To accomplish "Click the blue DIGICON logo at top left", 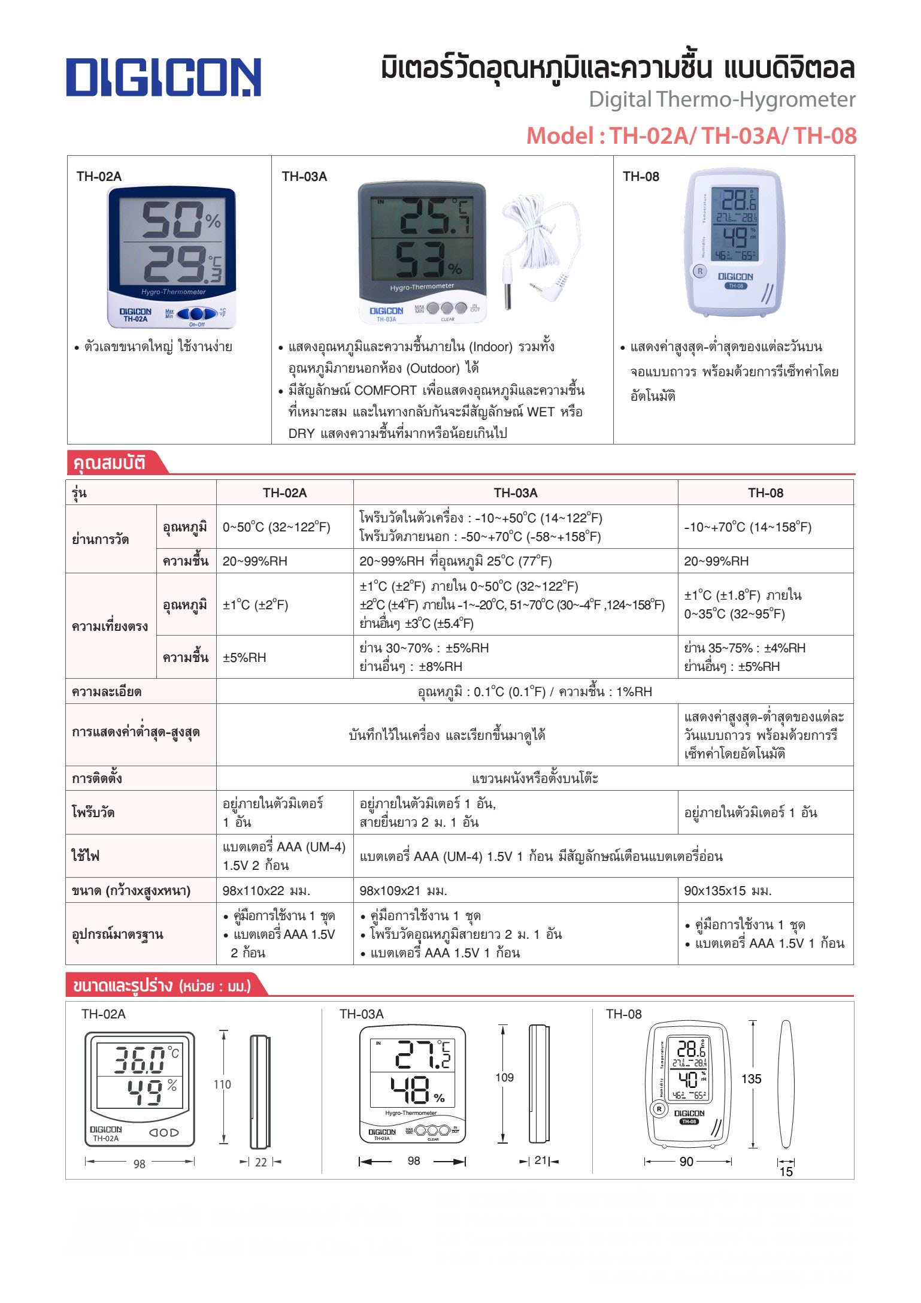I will click(163, 77).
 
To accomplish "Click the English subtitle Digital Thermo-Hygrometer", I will click(722, 99).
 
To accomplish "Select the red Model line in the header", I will click(691, 136).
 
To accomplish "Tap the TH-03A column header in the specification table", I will click(515, 492).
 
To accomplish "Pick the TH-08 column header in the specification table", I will click(765, 492).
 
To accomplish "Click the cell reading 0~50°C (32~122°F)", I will click(276, 527).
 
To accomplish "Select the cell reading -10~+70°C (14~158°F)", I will click(747, 527).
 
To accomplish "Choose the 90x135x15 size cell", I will click(728, 891).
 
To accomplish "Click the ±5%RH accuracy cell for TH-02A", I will click(244, 657).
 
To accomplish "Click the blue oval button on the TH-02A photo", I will click(196, 313).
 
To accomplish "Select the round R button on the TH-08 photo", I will click(699, 271).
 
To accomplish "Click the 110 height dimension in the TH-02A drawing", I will click(222, 1084).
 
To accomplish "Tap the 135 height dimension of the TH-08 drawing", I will click(751, 1079).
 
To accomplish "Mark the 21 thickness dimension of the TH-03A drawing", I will click(540, 1160).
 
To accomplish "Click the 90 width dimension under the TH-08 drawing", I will click(686, 1162).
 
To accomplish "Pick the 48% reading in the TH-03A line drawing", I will click(416, 1091).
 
